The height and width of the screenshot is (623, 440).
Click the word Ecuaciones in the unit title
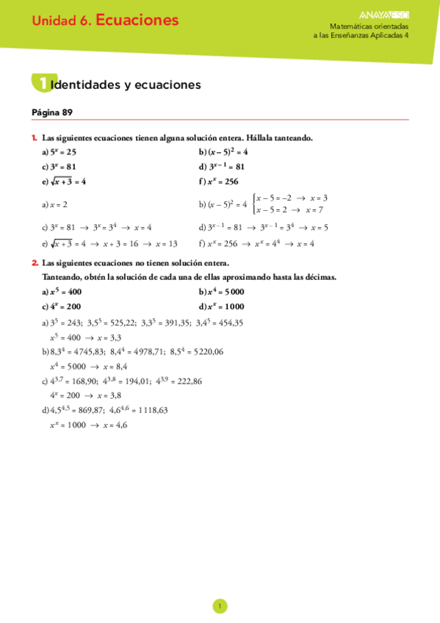point(137,21)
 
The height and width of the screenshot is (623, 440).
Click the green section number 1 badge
point(41,84)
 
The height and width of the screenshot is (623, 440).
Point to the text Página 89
point(52,112)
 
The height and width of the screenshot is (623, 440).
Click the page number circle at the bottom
point(220,606)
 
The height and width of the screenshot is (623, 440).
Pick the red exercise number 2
point(35,262)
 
